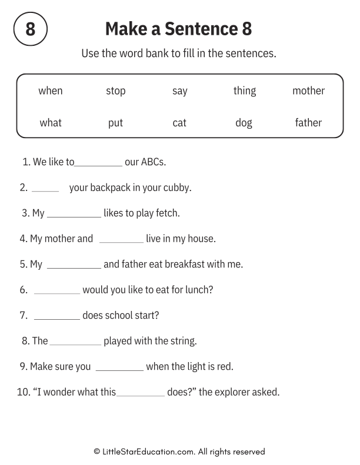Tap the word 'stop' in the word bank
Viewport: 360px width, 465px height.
coord(115,91)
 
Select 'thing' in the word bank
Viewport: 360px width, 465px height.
coord(244,91)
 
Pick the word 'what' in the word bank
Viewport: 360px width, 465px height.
coord(51,123)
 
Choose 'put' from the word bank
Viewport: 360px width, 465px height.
coord(115,123)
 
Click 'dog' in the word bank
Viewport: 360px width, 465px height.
coord(244,123)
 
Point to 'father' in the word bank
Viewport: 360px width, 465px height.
coord(308,123)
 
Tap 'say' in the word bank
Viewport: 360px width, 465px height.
coord(179,91)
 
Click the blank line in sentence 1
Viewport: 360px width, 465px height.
coord(98,165)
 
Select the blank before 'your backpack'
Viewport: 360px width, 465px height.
coord(45,191)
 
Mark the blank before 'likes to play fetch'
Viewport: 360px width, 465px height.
coord(74,216)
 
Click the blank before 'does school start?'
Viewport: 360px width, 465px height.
coord(56,319)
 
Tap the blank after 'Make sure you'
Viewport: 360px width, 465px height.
coord(119,370)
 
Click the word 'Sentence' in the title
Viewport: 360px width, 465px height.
coord(191,29)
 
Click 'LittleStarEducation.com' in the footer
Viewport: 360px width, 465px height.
coord(148,451)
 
